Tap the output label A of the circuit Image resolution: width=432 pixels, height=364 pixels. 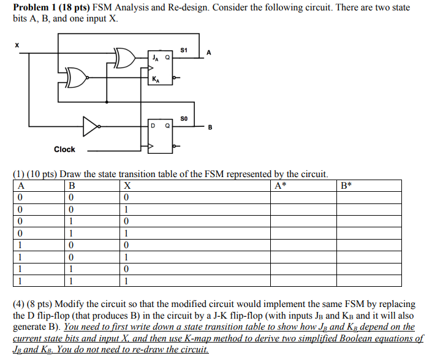pyautogui.click(x=209, y=53)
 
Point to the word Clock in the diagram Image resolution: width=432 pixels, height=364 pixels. pyautogui.click(x=64, y=149)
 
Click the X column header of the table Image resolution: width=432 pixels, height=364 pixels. pyautogui.click(x=127, y=186)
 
